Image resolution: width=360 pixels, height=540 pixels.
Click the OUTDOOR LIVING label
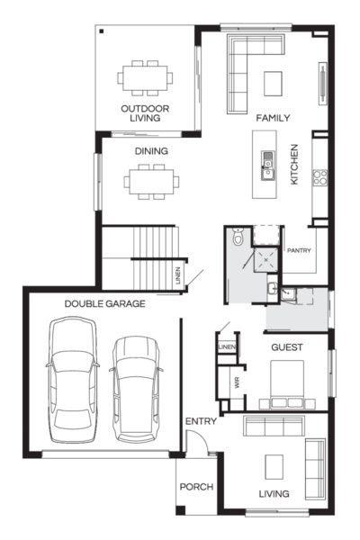144,112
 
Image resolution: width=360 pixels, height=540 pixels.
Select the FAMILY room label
273,118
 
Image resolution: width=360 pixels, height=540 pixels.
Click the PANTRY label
298,251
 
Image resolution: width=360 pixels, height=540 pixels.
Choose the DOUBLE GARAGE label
104,304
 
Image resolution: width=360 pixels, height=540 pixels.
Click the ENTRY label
199,422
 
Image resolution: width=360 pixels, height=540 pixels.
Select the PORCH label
196,487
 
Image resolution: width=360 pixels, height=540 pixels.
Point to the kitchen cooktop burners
319,177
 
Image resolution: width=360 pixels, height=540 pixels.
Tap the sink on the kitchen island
267,162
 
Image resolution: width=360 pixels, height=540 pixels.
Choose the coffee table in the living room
274,465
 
